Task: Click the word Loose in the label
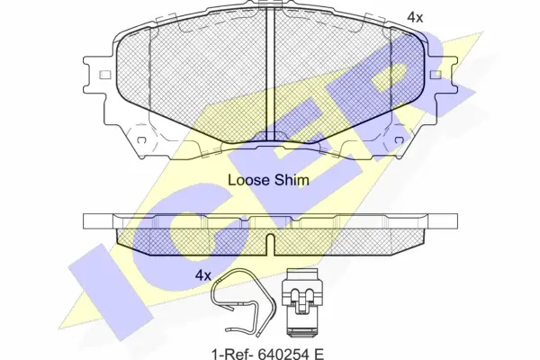pos(248,180)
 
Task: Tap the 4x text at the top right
pos(415,17)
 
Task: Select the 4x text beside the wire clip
pos(202,275)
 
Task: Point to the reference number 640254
pos(280,353)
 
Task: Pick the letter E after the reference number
pos(318,353)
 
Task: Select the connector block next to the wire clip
pos(301,302)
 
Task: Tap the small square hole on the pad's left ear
pos(105,75)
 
